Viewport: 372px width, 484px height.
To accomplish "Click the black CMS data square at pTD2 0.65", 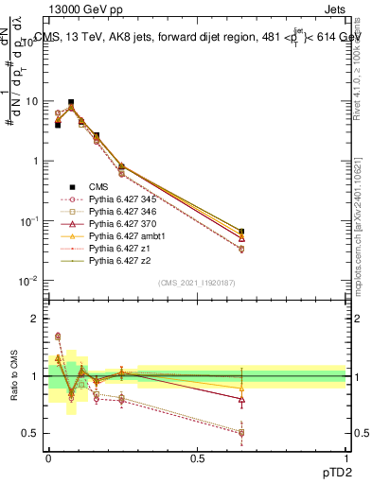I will click(x=241, y=232).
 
